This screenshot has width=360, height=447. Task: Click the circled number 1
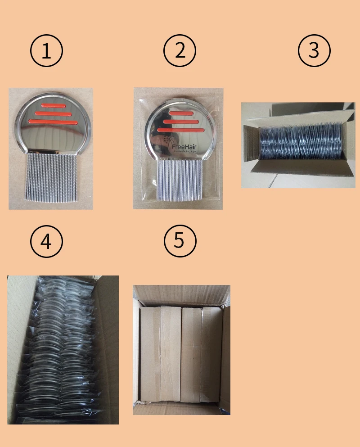(x=46, y=51)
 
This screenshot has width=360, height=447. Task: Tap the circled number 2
(x=180, y=50)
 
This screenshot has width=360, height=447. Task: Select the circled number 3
(x=314, y=50)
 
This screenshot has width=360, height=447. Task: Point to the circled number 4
(x=46, y=242)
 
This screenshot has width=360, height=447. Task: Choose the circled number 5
(x=180, y=240)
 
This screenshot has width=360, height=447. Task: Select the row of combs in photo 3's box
(x=302, y=141)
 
